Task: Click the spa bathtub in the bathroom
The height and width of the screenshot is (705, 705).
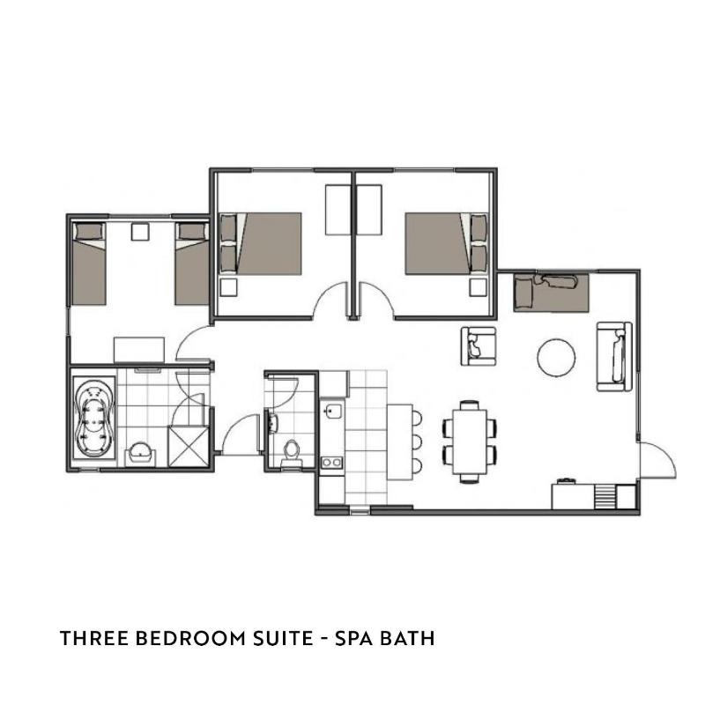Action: point(94,419)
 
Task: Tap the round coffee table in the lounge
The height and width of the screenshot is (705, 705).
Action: point(556,357)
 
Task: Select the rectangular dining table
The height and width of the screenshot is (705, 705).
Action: point(470,441)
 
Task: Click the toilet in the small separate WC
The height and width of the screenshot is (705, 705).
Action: point(292,452)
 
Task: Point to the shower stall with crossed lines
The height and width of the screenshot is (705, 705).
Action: point(188,446)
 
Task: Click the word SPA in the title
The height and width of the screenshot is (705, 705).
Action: point(353,638)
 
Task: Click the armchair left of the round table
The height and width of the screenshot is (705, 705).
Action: point(479,346)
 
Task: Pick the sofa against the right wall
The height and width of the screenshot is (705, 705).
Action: point(614,357)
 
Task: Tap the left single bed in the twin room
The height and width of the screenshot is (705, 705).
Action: point(89,263)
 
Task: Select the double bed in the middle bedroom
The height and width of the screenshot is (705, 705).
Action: point(260,243)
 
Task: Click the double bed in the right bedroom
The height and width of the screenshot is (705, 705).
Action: point(446,243)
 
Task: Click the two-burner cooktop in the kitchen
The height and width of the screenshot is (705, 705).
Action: point(332,462)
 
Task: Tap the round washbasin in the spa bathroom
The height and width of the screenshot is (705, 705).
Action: point(141,453)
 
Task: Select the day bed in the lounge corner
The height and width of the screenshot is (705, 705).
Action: point(552,293)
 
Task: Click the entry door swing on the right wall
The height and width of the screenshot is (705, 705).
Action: point(657,460)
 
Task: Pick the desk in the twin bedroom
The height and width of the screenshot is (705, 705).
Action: point(139,350)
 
